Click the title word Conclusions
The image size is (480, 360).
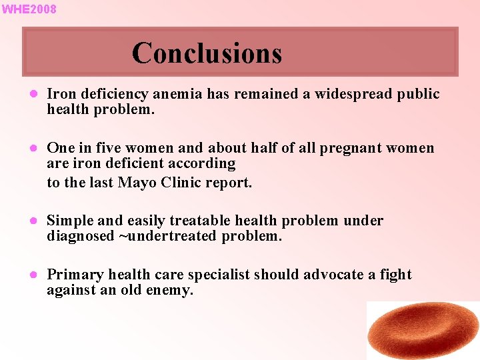click(x=207, y=53)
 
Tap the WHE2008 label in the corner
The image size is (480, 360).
click(x=29, y=9)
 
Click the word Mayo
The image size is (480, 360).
click(x=138, y=182)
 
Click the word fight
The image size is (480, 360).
click(x=396, y=275)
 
